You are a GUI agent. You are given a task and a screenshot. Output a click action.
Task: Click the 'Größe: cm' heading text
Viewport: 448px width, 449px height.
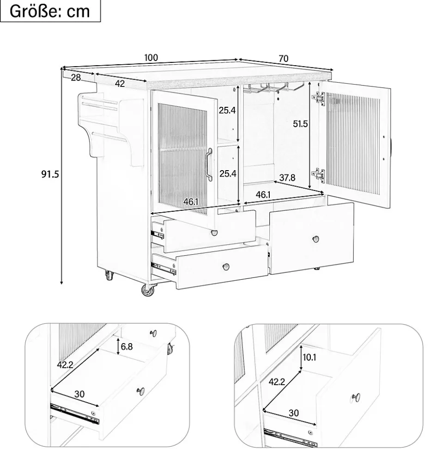(x=50, y=11)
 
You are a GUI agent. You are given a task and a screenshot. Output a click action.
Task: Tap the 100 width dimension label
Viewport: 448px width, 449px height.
(x=151, y=57)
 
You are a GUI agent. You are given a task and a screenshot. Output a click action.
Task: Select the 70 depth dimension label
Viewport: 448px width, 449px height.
(x=283, y=59)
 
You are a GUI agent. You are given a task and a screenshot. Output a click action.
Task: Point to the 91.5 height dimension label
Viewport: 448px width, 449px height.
(x=50, y=174)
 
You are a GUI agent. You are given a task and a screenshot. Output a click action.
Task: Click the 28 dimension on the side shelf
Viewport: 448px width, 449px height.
(x=76, y=77)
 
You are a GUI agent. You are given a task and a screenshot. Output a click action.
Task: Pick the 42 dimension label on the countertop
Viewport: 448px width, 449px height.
(x=120, y=84)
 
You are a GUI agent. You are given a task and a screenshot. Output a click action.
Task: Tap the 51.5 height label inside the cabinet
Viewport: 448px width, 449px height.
(x=300, y=124)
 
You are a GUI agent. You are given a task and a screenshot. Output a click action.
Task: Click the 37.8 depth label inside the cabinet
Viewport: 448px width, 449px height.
(x=287, y=178)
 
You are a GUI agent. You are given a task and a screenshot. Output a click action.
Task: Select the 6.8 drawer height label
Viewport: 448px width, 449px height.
(x=127, y=346)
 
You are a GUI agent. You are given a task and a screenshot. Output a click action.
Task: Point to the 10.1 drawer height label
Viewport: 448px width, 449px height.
(x=309, y=357)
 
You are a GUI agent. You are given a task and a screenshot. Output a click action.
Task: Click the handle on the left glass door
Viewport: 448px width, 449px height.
(x=209, y=165)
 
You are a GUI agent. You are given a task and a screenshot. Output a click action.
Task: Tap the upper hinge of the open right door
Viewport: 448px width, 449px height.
(x=320, y=99)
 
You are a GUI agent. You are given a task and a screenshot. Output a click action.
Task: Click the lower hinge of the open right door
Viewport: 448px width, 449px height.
(x=319, y=175)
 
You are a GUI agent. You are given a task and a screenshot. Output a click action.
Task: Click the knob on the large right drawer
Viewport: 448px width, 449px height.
(x=315, y=239)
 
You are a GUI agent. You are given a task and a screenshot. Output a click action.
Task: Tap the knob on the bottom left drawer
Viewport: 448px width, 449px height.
(x=226, y=267)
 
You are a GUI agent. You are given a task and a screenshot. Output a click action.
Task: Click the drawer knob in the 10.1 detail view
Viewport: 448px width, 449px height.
(x=356, y=398)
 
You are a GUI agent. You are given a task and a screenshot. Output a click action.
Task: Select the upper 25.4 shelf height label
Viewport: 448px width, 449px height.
(x=227, y=110)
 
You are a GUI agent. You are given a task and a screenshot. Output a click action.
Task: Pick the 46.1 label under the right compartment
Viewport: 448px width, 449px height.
(x=263, y=195)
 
